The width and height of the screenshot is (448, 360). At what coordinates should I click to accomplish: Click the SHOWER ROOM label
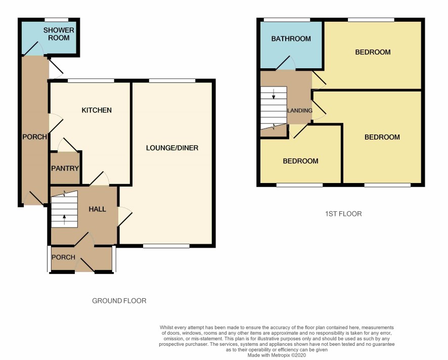pyautogui.click(x=59, y=34)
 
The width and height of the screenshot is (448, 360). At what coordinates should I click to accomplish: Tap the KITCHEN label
pyautogui.click(x=97, y=110)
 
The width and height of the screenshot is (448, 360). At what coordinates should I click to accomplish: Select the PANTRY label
pyautogui.click(x=65, y=168)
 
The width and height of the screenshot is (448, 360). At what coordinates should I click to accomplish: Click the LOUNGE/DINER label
pyautogui.click(x=172, y=148)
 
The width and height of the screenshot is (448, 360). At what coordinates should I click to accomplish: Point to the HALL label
pyautogui.click(x=97, y=209)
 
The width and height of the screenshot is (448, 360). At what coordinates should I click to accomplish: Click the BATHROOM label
pyautogui.click(x=291, y=39)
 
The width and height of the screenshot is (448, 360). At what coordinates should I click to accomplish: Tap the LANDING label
pyautogui.click(x=300, y=111)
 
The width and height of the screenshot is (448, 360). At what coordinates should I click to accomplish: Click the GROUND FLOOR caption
pyautogui.click(x=119, y=300)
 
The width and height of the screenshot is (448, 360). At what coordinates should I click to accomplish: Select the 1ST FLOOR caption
pyautogui.click(x=343, y=214)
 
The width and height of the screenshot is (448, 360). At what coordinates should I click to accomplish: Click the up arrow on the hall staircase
pyautogui.click(x=64, y=220)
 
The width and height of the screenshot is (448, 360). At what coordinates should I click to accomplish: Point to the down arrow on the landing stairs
pyautogui.click(x=274, y=94)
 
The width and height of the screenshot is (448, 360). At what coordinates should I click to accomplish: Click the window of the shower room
pyautogui.click(x=57, y=20)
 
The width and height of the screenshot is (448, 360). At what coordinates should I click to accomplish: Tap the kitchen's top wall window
pyautogui.click(x=91, y=81)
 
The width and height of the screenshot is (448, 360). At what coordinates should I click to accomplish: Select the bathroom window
pyautogui.click(x=287, y=20)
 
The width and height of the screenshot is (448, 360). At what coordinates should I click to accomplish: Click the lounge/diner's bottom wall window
pyautogui.click(x=166, y=246)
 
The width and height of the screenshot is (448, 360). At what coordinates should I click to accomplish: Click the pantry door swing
pyautogui.click(x=67, y=145)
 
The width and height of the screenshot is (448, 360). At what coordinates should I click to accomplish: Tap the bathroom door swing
pyautogui.click(x=286, y=63)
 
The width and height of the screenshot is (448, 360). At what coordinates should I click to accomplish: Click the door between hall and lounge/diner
pyautogui.click(x=125, y=216)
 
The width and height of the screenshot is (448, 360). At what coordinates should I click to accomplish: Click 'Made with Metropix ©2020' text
pyautogui.click(x=277, y=355)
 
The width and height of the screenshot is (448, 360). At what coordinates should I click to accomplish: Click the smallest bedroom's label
pyautogui.click(x=300, y=161)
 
